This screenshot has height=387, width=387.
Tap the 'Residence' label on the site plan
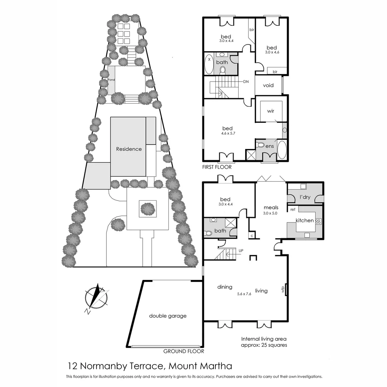pyautogui.click(x=129, y=149)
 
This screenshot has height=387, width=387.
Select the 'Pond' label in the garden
pyautogui.click(x=111, y=80)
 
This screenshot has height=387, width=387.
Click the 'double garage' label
pyautogui.click(x=168, y=316)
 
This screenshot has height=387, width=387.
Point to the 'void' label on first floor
pyautogui.click(x=268, y=85)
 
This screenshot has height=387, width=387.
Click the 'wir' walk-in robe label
pyautogui.click(x=271, y=111)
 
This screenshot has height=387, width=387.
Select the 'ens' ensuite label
pyautogui.click(x=269, y=146)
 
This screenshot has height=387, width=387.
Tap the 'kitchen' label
pyautogui.click(x=305, y=220)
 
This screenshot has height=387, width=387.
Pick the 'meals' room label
pyautogui.click(x=271, y=207)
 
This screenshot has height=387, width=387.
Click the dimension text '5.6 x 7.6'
pyautogui.click(x=244, y=294)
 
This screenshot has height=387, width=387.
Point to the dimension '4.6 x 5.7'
pyautogui.click(x=227, y=133)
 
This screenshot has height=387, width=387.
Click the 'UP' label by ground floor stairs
pyautogui.click(x=241, y=250)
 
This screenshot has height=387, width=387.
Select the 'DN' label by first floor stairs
pyautogui.click(x=245, y=82)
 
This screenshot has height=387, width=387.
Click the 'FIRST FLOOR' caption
pyautogui.click(x=217, y=167)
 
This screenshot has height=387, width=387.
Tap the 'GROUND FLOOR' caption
pyautogui.click(x=183, y=351)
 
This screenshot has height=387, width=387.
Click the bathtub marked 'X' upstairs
pyautogui.click(x=209, y=64)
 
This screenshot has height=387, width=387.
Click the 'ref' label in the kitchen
pyautogui.click(x=293, y=209)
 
